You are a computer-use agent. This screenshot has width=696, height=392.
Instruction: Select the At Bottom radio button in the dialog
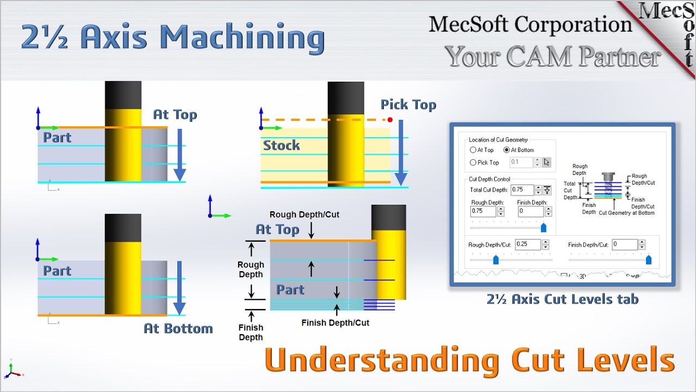pos(507,150)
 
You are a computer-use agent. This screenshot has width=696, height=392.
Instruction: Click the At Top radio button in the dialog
pos(473,150)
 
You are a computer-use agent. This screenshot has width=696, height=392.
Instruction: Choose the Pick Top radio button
pos(473,162)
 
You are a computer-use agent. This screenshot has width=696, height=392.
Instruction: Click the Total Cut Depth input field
pos(522,190)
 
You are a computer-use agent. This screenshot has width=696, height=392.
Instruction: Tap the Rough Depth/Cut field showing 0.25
pos(527,244)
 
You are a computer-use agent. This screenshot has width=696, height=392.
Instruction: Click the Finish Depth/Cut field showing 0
pos(624,244)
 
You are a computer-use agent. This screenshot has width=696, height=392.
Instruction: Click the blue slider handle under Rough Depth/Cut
pos(495,260)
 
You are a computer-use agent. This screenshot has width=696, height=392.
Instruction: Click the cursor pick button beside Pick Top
pos(546,162)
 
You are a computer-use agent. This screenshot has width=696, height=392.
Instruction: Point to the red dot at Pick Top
pos(390,120)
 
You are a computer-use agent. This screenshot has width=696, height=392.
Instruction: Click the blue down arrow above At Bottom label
pos(179,289)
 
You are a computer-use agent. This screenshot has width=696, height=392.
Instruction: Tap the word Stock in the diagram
pos(281,145)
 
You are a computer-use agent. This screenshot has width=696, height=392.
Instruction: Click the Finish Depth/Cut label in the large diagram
pos(335,323)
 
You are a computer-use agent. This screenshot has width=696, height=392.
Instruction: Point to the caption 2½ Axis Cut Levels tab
pos(562,299)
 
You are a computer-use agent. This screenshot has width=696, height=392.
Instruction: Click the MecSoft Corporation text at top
pos(530,24)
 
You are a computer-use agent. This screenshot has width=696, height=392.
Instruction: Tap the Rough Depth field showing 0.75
pos(483,211)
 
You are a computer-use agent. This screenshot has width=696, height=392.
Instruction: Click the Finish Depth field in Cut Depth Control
pos(530,211)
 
